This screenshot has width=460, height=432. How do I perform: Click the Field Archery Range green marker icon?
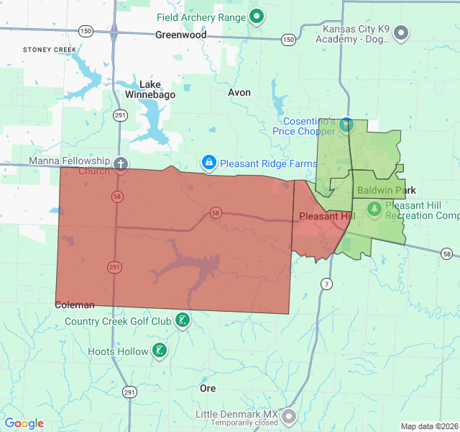[257, 16]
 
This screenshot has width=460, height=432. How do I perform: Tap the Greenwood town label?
[181, 35]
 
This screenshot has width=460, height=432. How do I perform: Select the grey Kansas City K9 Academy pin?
[402, 32]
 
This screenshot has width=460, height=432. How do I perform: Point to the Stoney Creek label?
[49, 50]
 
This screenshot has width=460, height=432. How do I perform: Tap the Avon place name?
[239, 93]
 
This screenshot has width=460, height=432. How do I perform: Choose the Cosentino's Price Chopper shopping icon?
[346, 125]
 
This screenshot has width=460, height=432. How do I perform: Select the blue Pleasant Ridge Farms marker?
[208, 163]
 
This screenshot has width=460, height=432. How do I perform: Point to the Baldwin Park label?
[386, 191]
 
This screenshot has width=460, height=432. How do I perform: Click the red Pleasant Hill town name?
[326, 216]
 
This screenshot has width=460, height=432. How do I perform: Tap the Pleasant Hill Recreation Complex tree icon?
[374, 209]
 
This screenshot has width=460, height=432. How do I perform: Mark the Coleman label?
[75, 305]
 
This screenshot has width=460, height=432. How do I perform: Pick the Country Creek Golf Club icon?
[183, 320]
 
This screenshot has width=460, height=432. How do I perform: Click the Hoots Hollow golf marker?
[159, 351]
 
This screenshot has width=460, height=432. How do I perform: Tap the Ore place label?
[208, 388]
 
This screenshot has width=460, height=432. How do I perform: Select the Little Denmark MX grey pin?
[289, 416]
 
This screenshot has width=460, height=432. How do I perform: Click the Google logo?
[24, 423]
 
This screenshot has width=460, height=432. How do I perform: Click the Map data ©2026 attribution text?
[429, 426]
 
